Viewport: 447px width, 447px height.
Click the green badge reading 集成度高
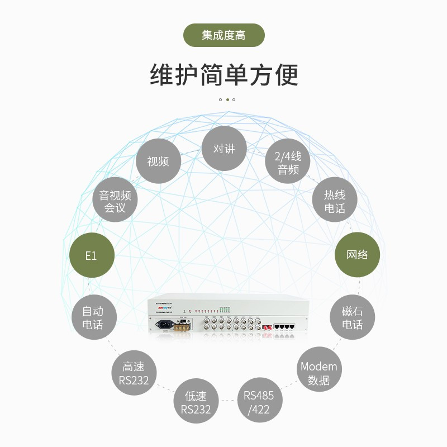223,35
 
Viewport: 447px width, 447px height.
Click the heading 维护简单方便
223,75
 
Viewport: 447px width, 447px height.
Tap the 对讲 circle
224,149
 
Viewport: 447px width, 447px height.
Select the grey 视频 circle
158,161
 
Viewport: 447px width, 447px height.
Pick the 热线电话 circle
335,202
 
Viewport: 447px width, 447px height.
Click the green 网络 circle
357,255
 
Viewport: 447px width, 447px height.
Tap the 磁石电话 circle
352,317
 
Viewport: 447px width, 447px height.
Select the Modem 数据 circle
318,373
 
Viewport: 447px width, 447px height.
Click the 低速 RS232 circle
196,402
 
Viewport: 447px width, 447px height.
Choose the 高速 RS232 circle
134,373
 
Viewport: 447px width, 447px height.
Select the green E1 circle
92,255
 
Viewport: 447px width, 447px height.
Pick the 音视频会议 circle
115,202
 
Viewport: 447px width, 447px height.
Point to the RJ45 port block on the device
285,326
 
